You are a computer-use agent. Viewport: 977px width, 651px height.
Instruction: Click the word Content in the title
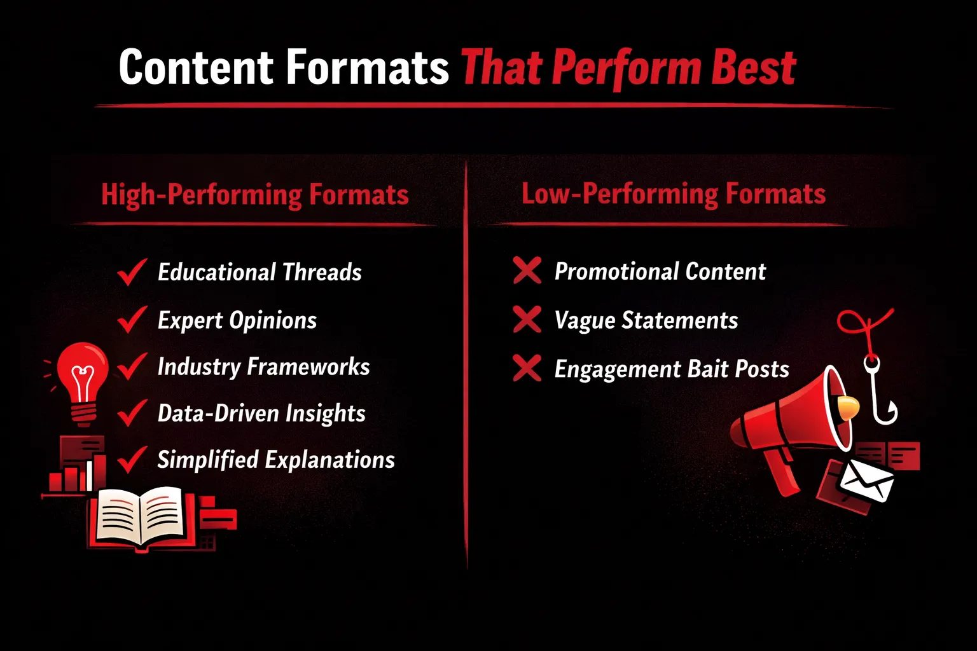196,67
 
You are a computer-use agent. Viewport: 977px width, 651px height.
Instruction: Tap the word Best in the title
753,67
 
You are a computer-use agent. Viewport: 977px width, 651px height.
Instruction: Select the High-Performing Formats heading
255,195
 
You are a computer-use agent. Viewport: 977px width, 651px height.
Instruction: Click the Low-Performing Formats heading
674,194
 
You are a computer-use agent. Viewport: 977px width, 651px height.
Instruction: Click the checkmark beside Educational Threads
132,272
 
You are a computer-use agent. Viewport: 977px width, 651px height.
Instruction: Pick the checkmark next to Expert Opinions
132,320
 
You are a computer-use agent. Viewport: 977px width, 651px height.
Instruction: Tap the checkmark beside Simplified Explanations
132,460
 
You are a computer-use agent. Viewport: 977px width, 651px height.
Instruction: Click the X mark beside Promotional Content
527,270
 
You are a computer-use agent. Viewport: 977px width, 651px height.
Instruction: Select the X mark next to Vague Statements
527,320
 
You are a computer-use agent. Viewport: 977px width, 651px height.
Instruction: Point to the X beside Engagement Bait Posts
527,369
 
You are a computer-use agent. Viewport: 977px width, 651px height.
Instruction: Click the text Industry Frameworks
263,367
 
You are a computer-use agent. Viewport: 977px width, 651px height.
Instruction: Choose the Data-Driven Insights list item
261,413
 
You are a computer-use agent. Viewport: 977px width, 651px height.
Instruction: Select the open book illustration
139,517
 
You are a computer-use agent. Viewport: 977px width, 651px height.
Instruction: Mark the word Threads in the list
322,272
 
